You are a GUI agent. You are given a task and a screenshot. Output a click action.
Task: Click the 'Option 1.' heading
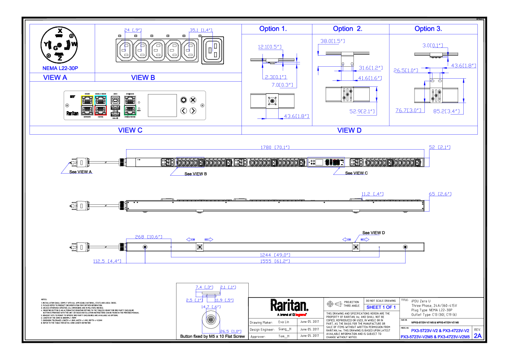(x=273, y=29)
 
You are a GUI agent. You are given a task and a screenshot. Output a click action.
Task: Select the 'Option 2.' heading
(x=347, y=29)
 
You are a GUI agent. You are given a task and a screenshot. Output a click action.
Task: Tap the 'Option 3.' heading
(x=428, y=29)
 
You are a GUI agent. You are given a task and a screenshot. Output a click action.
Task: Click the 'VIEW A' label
(x=55, y=78)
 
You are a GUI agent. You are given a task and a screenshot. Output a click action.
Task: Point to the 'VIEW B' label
(x=143, y=78)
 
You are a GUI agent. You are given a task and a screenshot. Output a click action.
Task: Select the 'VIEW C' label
(x=130, y=130)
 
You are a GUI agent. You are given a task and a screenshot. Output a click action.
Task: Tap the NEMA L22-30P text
(x=60, y=68)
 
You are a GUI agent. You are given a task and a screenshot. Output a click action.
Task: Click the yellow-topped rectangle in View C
(x=87, y=105)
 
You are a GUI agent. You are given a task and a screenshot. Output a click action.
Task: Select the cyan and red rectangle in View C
(x=100, y=105)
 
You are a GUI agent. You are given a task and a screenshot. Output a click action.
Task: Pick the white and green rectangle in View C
(x=130, y=105)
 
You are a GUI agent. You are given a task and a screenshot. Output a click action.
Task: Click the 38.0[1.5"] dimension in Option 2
(x=332, y=41)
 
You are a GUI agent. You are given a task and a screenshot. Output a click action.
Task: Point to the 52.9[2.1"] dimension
(x=362, y=112)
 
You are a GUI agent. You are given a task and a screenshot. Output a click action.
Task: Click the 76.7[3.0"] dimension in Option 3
(x=409, y=111)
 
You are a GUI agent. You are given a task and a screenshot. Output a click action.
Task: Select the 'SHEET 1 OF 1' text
(x=381, y=307)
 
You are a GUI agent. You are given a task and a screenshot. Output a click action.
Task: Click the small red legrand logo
(x=300, y=315)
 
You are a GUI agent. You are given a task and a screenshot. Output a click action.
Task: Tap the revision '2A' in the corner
(x=478, y=336)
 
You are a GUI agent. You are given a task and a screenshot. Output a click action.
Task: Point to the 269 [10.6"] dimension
(x=149, y=237)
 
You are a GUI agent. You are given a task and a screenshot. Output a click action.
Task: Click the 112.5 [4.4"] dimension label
(x=107, y=261)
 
